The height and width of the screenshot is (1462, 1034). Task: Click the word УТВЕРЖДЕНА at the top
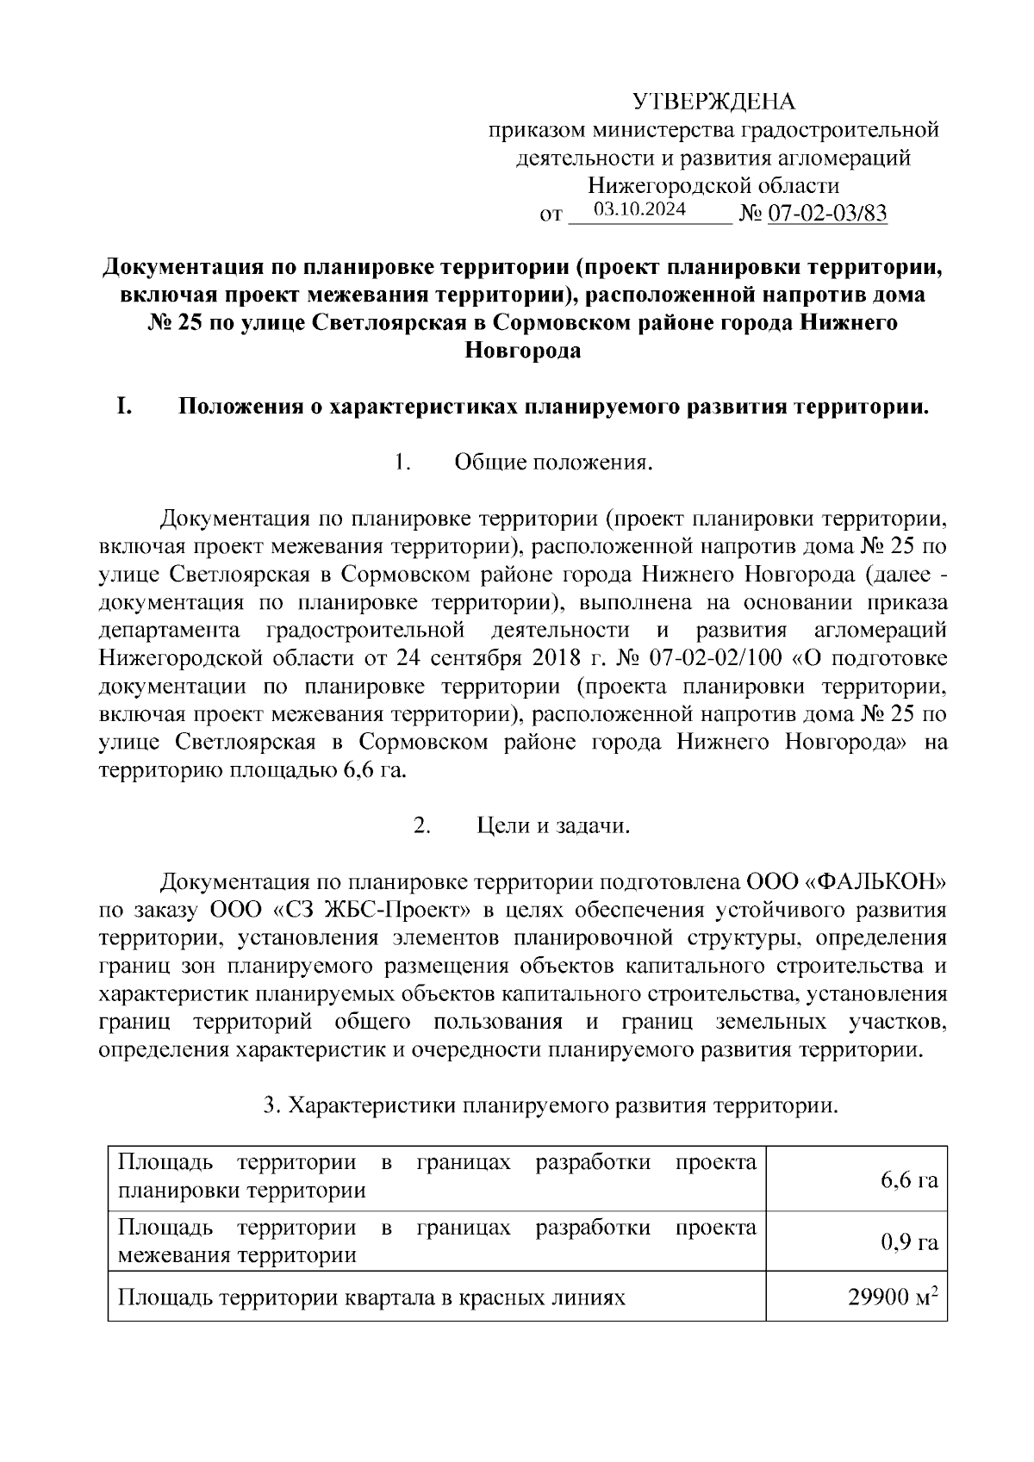coord(713,103)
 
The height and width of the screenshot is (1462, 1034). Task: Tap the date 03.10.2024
coord(639,209)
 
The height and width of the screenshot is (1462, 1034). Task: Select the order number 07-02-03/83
coord(826,214)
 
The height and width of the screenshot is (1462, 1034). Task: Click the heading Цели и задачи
coord(554,826)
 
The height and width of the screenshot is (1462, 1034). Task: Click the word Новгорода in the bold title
coord(522,352)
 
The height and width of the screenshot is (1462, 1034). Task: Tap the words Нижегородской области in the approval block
coord(713,186)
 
